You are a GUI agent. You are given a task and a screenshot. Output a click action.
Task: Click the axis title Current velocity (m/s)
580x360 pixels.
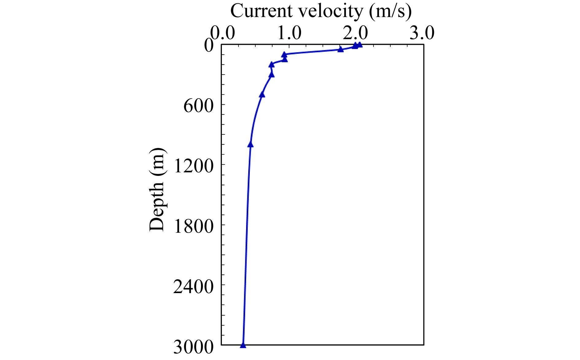(321, 12)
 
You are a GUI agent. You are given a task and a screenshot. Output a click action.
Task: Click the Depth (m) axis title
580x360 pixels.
(157, 189)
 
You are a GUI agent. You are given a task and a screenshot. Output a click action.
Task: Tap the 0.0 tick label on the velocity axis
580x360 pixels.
(222, 33)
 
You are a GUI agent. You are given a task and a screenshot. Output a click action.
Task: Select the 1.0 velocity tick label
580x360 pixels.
(289, 33)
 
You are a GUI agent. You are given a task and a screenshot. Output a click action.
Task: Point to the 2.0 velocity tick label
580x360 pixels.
(355, 33)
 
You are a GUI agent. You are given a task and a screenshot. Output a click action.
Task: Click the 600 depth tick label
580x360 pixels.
(198, 106)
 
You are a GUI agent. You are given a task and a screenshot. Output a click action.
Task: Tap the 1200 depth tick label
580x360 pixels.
(193, 166)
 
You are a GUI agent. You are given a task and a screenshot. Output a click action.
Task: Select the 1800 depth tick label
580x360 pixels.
(193, 226)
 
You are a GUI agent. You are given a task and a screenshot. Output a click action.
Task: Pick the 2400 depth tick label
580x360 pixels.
(193, 287)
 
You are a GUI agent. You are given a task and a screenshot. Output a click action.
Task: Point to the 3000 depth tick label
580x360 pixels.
(193, 347)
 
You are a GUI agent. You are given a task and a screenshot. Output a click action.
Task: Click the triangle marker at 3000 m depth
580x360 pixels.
(243, 345)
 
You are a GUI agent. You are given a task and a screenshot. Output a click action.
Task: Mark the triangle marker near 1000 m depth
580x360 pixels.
(251, 145)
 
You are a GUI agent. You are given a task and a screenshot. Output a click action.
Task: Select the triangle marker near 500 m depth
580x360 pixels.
(262, 95)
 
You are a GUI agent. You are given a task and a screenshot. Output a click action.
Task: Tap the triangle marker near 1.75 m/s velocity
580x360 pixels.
(340, 49)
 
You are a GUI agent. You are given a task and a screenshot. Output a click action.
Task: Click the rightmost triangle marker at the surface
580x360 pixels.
(360, 45)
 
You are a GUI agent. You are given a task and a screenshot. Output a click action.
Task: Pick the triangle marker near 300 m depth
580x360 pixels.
(272, 75)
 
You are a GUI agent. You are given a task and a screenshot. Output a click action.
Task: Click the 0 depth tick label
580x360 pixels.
(209, 46)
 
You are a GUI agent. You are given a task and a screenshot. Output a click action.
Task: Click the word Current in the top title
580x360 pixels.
(261, 12)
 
